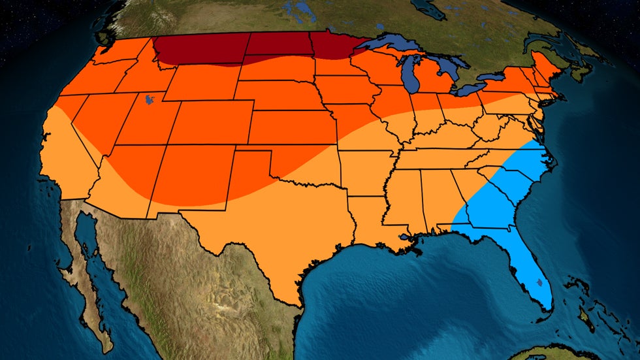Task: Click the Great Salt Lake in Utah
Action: (x=150, y=101)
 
